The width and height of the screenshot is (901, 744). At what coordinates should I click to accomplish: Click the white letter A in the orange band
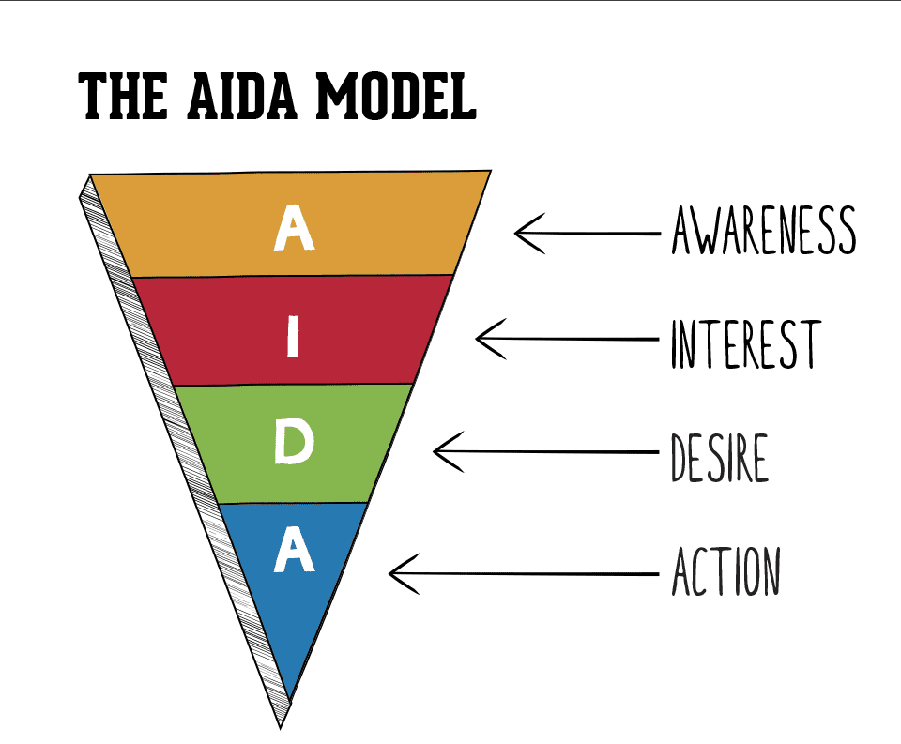(293, 229)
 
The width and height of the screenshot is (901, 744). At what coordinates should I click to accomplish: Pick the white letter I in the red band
(293, 336)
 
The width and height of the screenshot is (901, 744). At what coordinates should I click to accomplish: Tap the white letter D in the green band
(292, 446)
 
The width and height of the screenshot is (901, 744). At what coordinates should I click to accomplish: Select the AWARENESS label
(763, 231)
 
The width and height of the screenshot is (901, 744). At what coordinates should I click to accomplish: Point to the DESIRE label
(719, 458)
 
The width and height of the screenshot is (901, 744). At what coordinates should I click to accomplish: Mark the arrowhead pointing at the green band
(442, 451)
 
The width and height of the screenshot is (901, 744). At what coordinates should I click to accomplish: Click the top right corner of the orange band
(487, 174)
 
